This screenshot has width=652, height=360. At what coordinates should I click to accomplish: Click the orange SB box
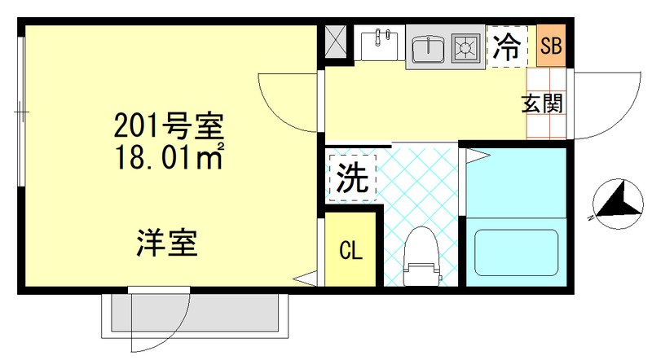[x=551, y=46]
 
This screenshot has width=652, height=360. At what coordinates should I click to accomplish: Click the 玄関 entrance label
[x=542, y=104]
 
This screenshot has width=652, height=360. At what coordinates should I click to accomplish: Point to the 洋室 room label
[x=168, y=242]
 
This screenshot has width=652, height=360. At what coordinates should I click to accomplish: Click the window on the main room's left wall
[x=22, y=106]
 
